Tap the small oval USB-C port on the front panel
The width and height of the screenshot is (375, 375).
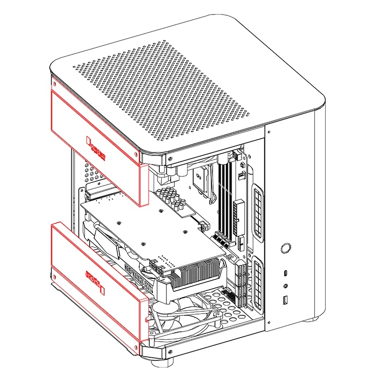285,273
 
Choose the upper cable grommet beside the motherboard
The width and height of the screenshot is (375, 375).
257,211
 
